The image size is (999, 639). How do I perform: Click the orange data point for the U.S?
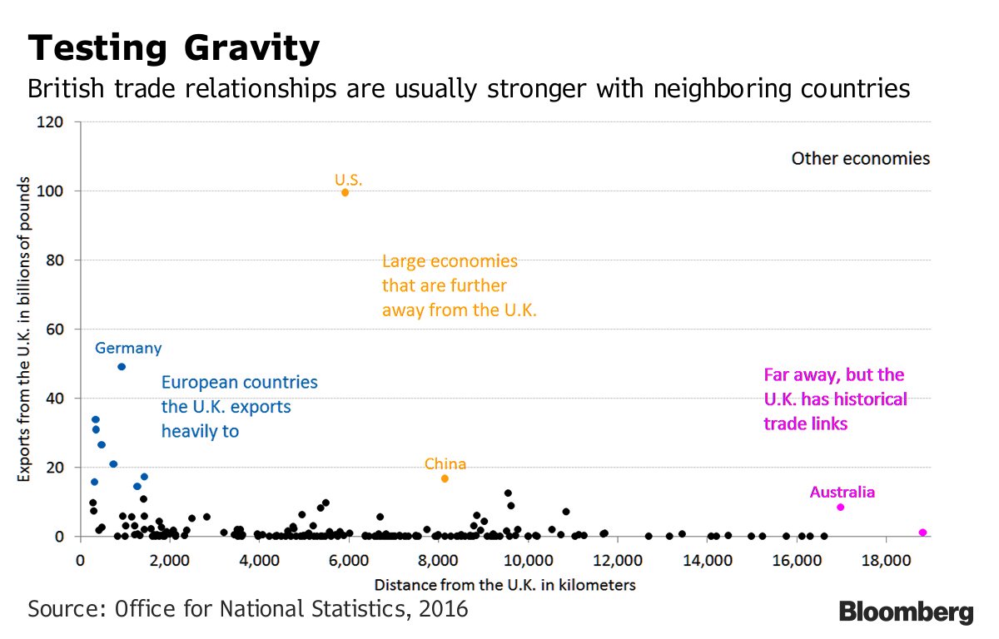(345, 192)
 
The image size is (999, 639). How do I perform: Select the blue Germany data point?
(122, 366)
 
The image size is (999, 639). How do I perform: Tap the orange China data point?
(445, 478)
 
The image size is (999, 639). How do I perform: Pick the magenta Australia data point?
(840, 508)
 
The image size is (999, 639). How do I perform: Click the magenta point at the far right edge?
(922, 532)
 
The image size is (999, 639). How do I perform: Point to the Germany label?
(128, 349)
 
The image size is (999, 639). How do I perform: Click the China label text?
(445, 463)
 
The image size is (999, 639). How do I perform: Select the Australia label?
(842, 492)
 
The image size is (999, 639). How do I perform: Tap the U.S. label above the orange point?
(349, 179)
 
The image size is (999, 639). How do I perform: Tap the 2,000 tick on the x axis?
(170, 557)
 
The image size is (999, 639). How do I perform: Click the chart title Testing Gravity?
(173, 49)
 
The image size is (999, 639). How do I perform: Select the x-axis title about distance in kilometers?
(504, 585)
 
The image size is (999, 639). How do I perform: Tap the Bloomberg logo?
(906, 612)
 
